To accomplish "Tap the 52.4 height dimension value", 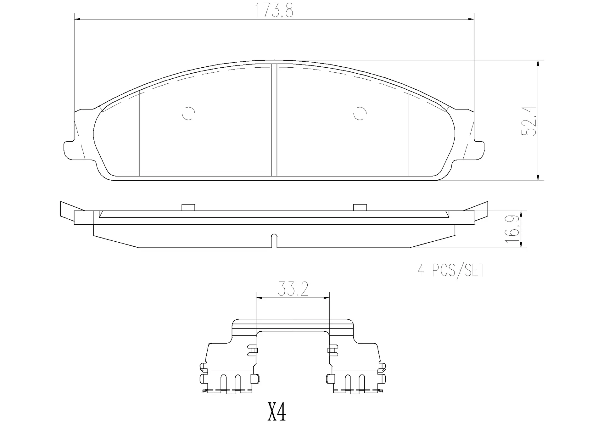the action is [x=529, y=121].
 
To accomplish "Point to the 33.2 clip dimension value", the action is [x=293, y=289].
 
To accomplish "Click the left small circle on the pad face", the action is [x=189, y=113].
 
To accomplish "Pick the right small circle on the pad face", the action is [x=360, y=113].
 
